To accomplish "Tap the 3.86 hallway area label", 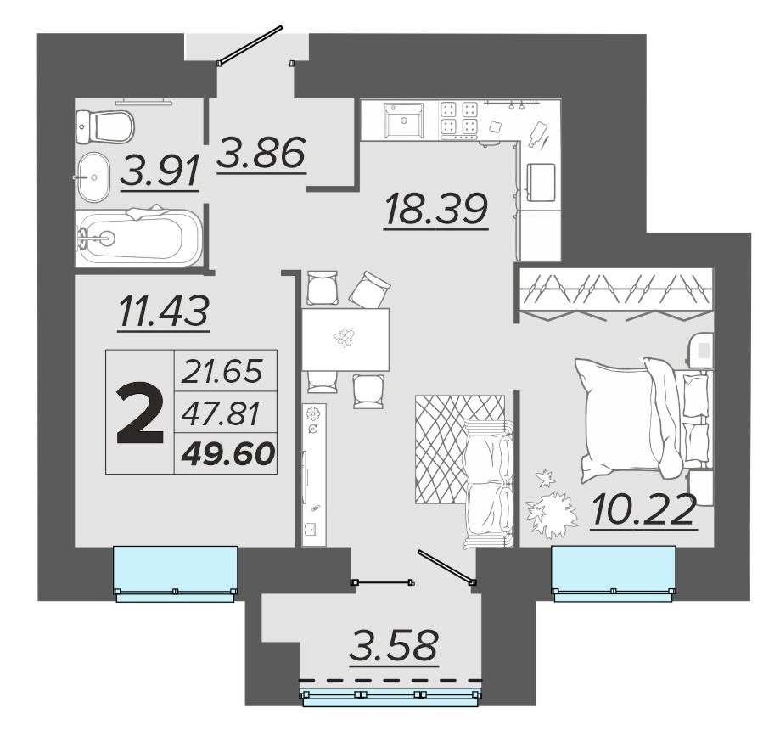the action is (x=261, y=153).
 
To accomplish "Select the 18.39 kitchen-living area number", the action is (x=435, y=209).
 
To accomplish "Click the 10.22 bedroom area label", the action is (x=643, y=509).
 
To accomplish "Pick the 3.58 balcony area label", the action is (x=394, y=645).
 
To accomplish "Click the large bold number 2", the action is (x=140, y=413).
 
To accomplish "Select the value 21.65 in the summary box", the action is (x=222, y=372).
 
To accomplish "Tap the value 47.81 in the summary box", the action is (x=221, y=413).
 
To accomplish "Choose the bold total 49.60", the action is (x=228, y=453).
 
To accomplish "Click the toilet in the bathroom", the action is (x=105, y=126).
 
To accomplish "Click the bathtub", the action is (x=139, y=236).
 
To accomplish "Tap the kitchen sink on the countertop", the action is (x=403, y=121).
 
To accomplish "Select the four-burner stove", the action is (x=459, y=120).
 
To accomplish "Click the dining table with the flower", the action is (x=345, y=339).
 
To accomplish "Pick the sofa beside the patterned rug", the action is (x=488, y=485).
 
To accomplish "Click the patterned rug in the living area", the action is (x=460, y=449).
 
